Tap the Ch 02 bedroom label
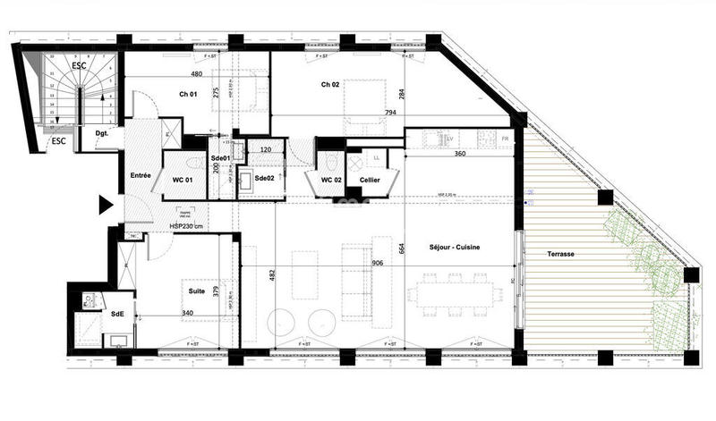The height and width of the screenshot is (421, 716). tap(332, 85)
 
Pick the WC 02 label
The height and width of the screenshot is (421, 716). tap(331, 181)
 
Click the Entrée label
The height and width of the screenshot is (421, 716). tap(141, 175)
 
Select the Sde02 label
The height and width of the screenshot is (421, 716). tap(265, 179)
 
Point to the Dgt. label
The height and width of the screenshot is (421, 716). tap(102, 134)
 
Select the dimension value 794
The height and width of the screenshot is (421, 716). tap(390, 113)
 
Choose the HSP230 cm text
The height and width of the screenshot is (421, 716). tap(186, 226)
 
